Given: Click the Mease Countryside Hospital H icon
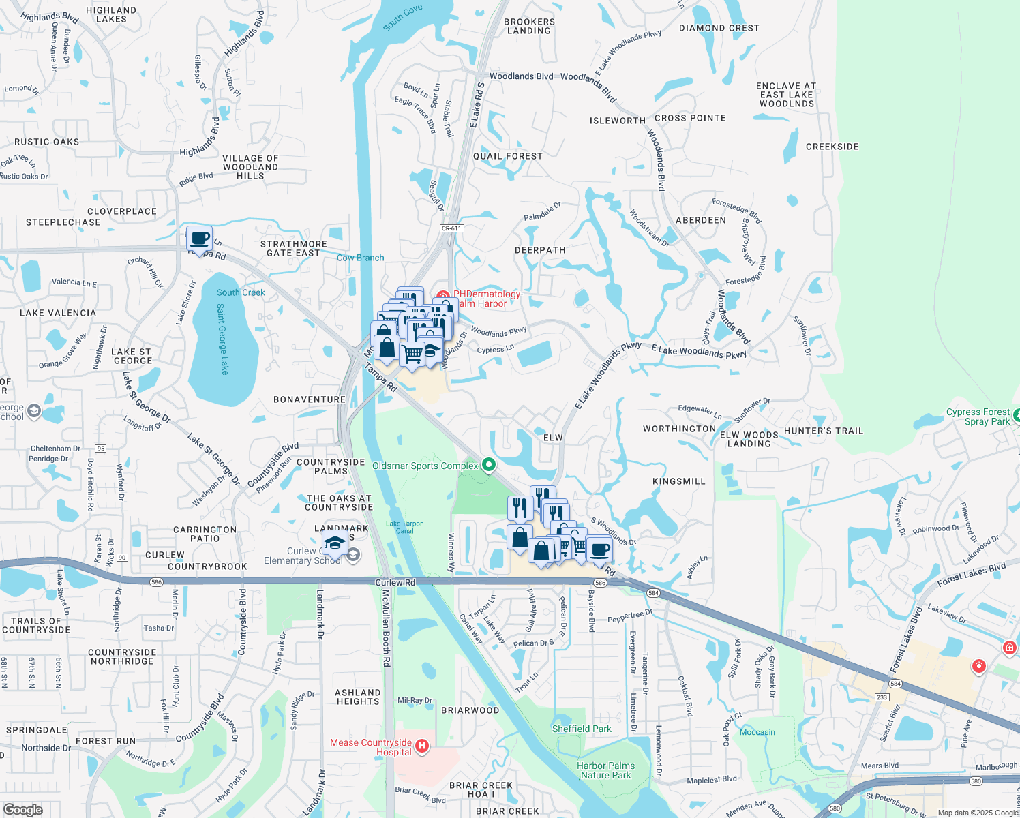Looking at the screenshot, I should [422, 746].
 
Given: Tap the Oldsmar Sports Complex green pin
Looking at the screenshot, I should [489, 465].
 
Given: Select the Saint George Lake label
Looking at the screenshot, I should [222, 339].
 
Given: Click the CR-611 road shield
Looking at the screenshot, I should [451, 228].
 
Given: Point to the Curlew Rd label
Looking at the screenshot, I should [395, 582].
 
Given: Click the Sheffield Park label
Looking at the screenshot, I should [582, 729].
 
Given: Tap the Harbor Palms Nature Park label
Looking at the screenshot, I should [605, 770].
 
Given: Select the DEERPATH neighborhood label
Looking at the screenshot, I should [540, 250].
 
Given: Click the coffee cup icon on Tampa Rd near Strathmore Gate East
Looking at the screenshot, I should [199, 239].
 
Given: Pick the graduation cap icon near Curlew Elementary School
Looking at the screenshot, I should [335, 543].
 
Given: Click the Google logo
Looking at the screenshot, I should [22, 809].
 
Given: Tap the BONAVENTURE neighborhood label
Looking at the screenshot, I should [310, 399].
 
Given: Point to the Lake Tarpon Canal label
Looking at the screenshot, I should [404, 527].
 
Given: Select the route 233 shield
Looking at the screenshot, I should [882, 697].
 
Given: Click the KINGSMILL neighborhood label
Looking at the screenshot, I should [678, 481].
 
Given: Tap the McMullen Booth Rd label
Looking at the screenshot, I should [386, 627].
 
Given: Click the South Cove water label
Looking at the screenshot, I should [402, 18].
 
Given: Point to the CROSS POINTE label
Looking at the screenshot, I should [690, 118].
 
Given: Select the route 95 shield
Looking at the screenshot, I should [101, 448].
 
